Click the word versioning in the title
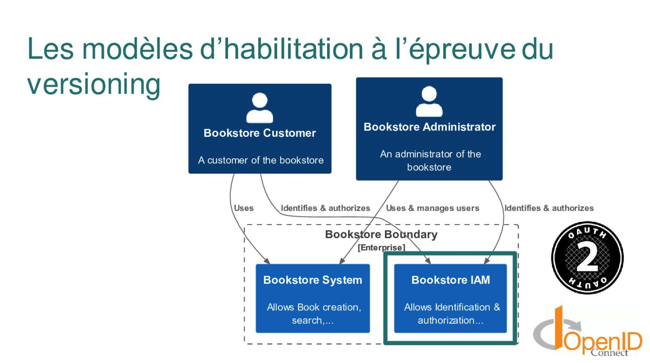pos(93,84)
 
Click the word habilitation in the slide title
pos(293,49)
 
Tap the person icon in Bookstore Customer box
pos(260,108)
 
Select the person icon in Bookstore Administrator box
pos(429,101)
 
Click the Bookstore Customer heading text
pos(260,133)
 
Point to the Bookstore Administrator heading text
pos(429,127)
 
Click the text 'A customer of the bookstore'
pos(261,160)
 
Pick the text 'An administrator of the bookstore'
pos(430,161)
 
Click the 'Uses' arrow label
pos(243,208)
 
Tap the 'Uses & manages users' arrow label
pos(432,208)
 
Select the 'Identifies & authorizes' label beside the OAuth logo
pos(549,208)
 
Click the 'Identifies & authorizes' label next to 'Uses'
pos(325,208)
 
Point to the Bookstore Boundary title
pos(381,235)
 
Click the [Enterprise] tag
pos(381,248)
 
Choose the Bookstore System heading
pos(313,280)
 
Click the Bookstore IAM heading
pos(450,280)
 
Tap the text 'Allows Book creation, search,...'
pos(313,314)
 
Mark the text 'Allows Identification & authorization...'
pos(451,314)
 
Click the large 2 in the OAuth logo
pos(587,257)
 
